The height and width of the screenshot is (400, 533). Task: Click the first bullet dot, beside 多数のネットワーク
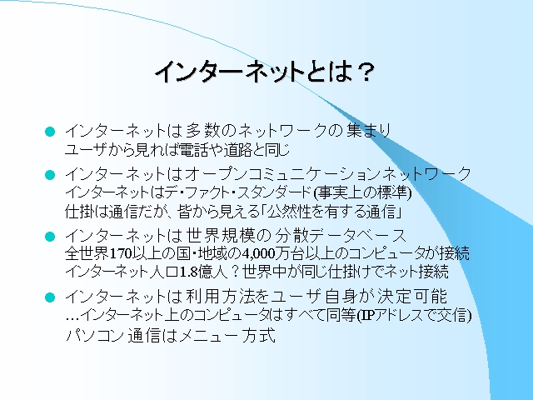(x=50, y=132)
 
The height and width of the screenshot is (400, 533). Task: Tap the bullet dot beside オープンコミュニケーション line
(x=50, y=175)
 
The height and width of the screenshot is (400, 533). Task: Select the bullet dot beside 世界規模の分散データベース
(x=50, y=236)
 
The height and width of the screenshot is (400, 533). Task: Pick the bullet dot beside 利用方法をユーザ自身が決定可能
(x=50, y=297)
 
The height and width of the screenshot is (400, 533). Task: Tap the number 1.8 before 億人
(x=189, y=272)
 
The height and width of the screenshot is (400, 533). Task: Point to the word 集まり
(x=369, y=131)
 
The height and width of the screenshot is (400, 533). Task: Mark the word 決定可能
(x=412, y=297)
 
